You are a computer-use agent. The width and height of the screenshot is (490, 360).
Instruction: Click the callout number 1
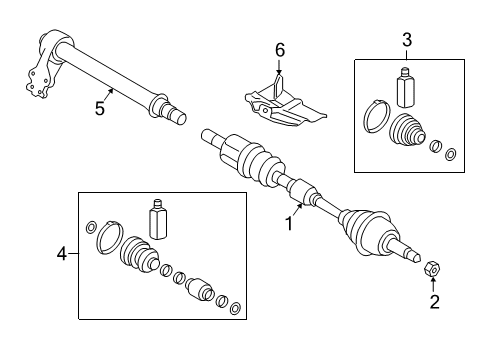click(x=289, y=225)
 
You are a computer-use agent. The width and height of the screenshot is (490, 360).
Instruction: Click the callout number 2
click(x=433, y=300)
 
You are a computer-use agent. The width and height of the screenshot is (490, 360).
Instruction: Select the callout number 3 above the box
click(x=406, y=40)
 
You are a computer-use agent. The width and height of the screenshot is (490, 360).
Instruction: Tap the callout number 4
click(x=62, y=254)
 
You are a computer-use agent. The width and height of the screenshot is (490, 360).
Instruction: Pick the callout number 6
click(x=281, y=50)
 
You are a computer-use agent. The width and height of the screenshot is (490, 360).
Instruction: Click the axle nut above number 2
click(x=433, y=268)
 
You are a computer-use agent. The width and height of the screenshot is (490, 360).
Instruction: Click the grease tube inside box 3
click(x=405, y=88)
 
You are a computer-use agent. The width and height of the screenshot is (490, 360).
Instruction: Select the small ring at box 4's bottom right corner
click(x=235, y=307)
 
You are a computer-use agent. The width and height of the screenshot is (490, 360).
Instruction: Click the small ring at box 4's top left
click(x=92, y=226)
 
